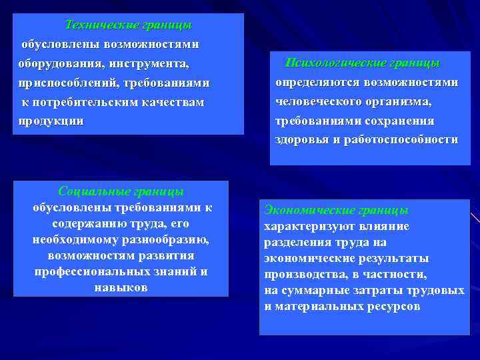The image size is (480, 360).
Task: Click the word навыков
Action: click(x=121, y=287)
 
